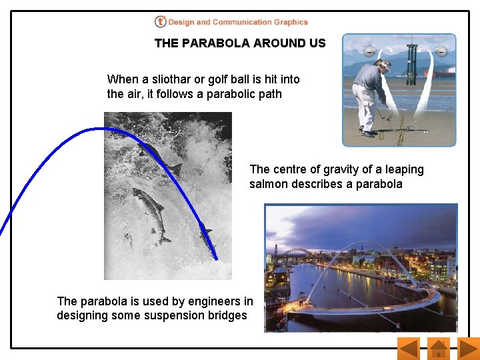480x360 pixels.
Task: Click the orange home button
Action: (x=438, y=348)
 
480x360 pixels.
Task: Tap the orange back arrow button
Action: (x=407, y=348)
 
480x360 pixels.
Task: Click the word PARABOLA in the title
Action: (x=213, y=43)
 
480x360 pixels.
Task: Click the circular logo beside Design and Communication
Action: (x=160, y=22)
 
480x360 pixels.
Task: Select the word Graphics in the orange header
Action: (x=291, y=22)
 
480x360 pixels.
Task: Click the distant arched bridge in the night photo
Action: (x=298, y=252)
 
